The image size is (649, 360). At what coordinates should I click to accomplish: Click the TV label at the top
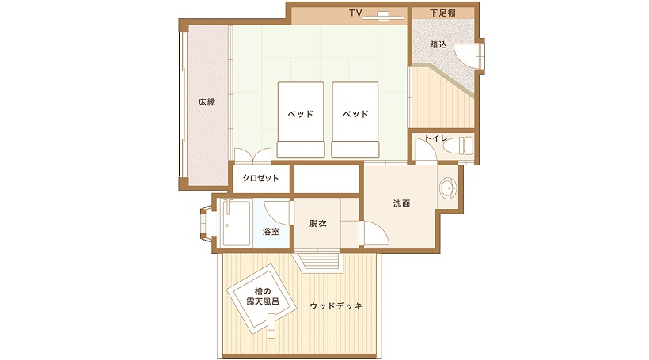point(355,13)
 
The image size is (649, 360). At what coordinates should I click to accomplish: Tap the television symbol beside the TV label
point(383,16)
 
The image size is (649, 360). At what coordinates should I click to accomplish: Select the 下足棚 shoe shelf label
point(442,13)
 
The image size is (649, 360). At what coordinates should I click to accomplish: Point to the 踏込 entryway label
point(438,44)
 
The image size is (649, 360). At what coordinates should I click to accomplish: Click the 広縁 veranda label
point(207,101)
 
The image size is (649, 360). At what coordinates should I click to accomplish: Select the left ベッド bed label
point(301,113)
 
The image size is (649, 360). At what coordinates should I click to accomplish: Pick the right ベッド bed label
point(355,113)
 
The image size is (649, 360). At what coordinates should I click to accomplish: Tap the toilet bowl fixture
point(457,146)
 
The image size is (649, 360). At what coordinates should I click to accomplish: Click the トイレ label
point(436,138)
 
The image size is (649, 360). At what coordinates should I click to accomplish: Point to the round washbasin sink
point(448,188)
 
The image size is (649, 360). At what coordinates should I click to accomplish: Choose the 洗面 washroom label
point(401,203)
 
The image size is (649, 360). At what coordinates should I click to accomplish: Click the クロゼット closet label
point(260,178)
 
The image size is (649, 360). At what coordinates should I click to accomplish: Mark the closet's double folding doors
point(253,155)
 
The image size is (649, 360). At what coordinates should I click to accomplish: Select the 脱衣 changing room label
point(318,223)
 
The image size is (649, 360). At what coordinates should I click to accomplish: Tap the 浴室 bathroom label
point(271,232)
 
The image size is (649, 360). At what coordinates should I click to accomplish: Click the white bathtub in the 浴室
point(235,223)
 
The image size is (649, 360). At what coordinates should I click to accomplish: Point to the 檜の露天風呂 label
point(263,297)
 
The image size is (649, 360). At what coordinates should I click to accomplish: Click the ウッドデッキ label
point(336,306)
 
